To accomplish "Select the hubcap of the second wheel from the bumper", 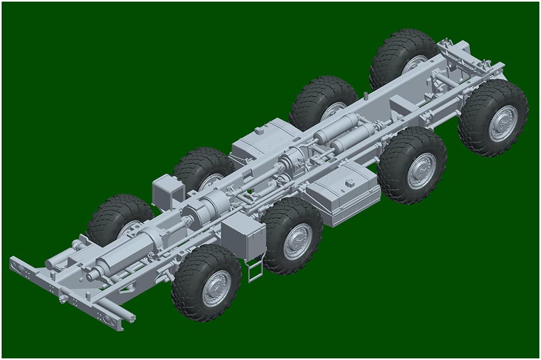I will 297,241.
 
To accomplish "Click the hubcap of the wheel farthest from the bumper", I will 503,123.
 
